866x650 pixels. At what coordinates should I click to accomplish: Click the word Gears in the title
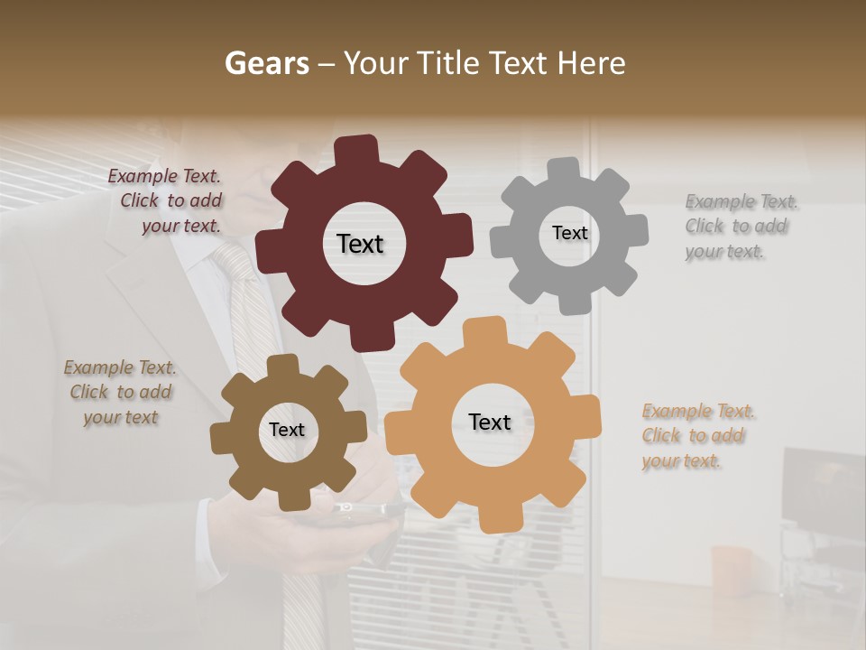[x=266, y=63]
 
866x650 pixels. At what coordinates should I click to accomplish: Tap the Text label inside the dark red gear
[x=360, y=244]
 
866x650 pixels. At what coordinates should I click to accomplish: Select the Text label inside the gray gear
[x=569, y=233]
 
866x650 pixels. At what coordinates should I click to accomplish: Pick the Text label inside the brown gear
[x=287, y=430]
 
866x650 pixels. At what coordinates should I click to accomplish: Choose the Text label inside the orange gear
[x=490, y=422]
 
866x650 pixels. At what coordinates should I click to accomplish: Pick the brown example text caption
[x=121, y=393]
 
